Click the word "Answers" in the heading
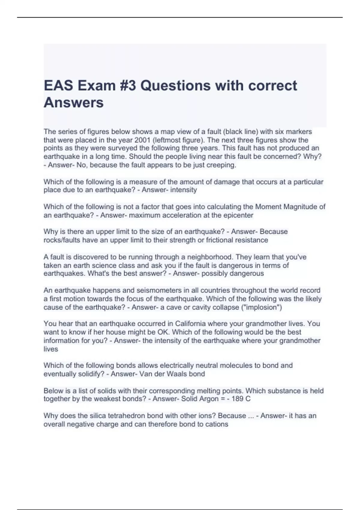(x=73, y=103)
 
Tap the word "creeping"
(x=221, y=165)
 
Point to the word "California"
(x=190, y=324)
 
